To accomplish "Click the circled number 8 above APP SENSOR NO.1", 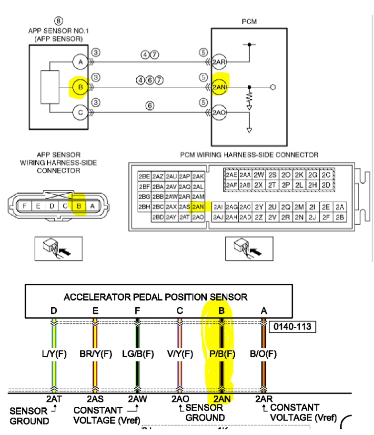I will coord(58,21).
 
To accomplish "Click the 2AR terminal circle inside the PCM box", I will coord(219,62).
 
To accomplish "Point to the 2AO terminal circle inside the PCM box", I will coord(219,113).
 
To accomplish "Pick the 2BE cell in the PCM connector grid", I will coord(144,176).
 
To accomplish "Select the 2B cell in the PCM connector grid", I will coord(340,217).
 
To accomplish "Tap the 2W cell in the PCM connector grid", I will coord(259,175).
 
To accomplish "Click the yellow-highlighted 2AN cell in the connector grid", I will coord(198,207).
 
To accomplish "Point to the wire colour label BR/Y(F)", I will coord(95,354).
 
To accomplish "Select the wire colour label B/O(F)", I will coord(263,354).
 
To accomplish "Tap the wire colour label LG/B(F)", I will coord(137,354).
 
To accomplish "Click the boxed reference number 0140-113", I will coord(292,327).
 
